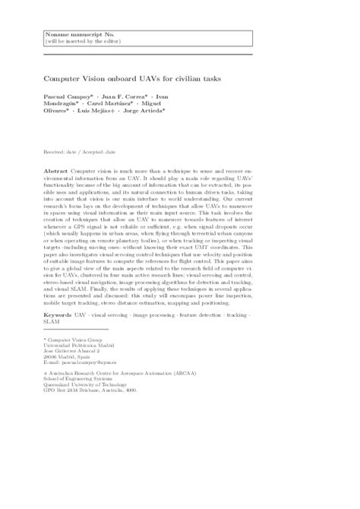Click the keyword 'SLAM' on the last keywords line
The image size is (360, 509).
click(52, 343)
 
